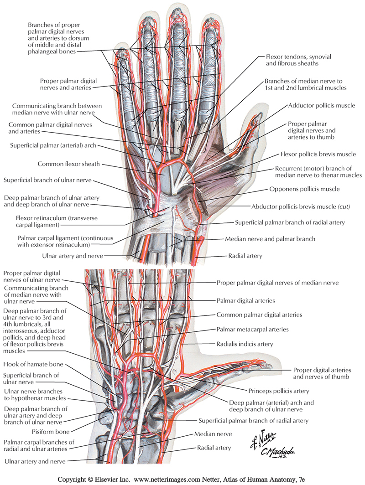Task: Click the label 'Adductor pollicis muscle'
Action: click(x=321, y=105)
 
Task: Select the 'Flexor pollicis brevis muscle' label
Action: click(x=318, y=154)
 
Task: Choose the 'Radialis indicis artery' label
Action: click(x=245, y=344)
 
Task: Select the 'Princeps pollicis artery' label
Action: click(x=279, y=391)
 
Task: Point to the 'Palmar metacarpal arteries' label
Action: click(x=252, y=329)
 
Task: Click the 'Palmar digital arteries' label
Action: click(x=245, y=301)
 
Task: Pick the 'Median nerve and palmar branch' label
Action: click(x=270, y=239)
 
